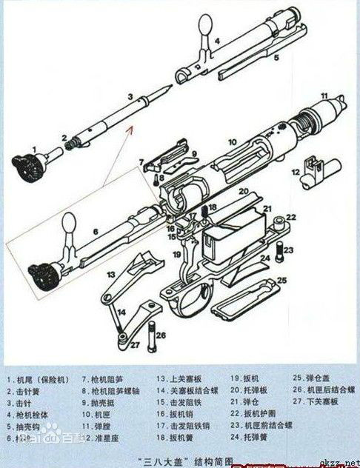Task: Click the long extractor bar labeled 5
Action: (x=252, y=67)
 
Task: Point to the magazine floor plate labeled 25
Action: (x=248, y=298)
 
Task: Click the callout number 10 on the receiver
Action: (x=231, y=141)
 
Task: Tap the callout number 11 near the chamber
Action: (x=323, y=96)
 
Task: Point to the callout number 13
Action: (x=109, y=274)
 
